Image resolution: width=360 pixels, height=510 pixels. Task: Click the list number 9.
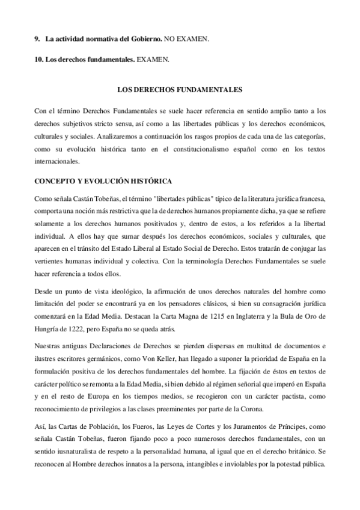(x=37, y=39)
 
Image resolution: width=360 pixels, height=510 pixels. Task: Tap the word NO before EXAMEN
(x=171, y=39)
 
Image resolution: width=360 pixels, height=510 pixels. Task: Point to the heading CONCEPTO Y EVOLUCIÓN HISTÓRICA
(x=104, y=180)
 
